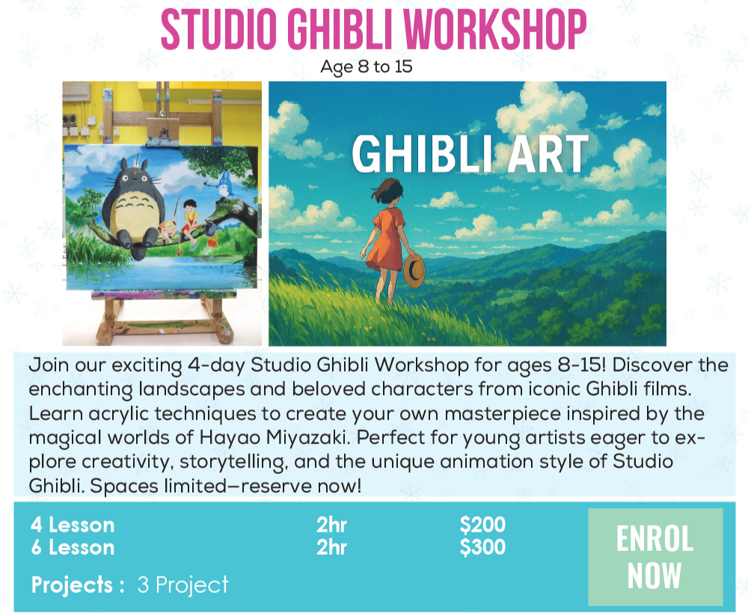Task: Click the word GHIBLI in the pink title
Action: (341, 29)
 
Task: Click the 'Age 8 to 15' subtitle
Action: (366, 67)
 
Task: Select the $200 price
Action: (482, 525)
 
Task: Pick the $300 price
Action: (482, 547)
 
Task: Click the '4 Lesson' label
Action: (73, 525)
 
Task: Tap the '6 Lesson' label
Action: (73, 547)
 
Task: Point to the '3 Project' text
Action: (183, 585)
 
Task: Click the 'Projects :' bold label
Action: (78, 585)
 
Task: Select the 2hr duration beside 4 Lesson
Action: (331, 525)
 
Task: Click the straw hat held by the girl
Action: (414, 271)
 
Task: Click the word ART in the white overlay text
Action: (548, 153)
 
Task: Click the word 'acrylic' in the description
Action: (119, 413)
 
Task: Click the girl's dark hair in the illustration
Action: (387, 190)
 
